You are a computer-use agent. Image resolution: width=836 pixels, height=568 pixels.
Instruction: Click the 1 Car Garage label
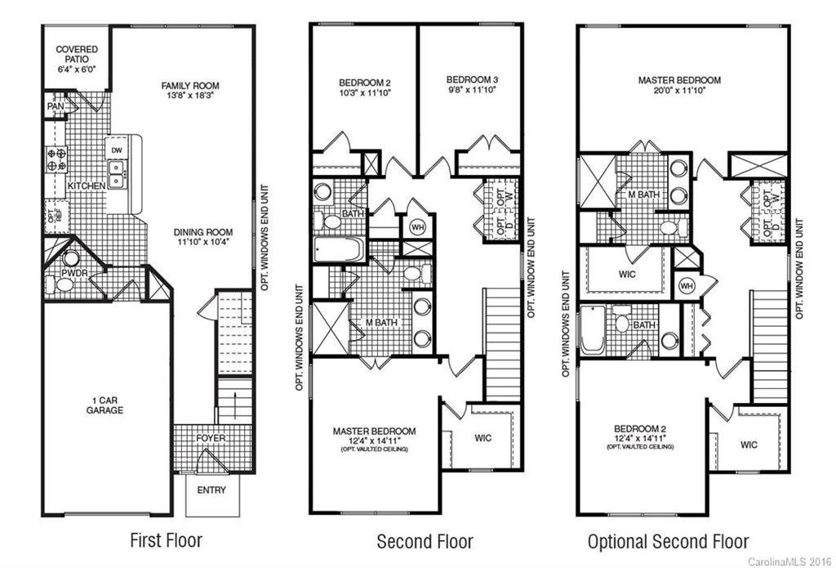(106, 405)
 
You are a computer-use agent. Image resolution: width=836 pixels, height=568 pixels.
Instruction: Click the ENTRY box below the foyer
(210, 490)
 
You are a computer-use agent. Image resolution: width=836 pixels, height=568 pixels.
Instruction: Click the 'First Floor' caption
(166, 540)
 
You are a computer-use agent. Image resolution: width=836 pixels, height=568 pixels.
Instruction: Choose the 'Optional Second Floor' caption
(668, 542)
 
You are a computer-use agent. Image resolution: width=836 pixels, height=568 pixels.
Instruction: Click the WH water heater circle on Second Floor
(417, 226)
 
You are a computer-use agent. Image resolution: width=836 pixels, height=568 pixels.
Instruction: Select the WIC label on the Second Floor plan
(483, 438)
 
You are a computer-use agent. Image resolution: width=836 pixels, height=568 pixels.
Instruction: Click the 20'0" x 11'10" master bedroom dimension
(679, 92)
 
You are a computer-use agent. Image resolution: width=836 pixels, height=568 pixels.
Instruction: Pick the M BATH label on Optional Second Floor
(643, 194)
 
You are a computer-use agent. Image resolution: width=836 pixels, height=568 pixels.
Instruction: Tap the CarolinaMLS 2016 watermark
(790, 561)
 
